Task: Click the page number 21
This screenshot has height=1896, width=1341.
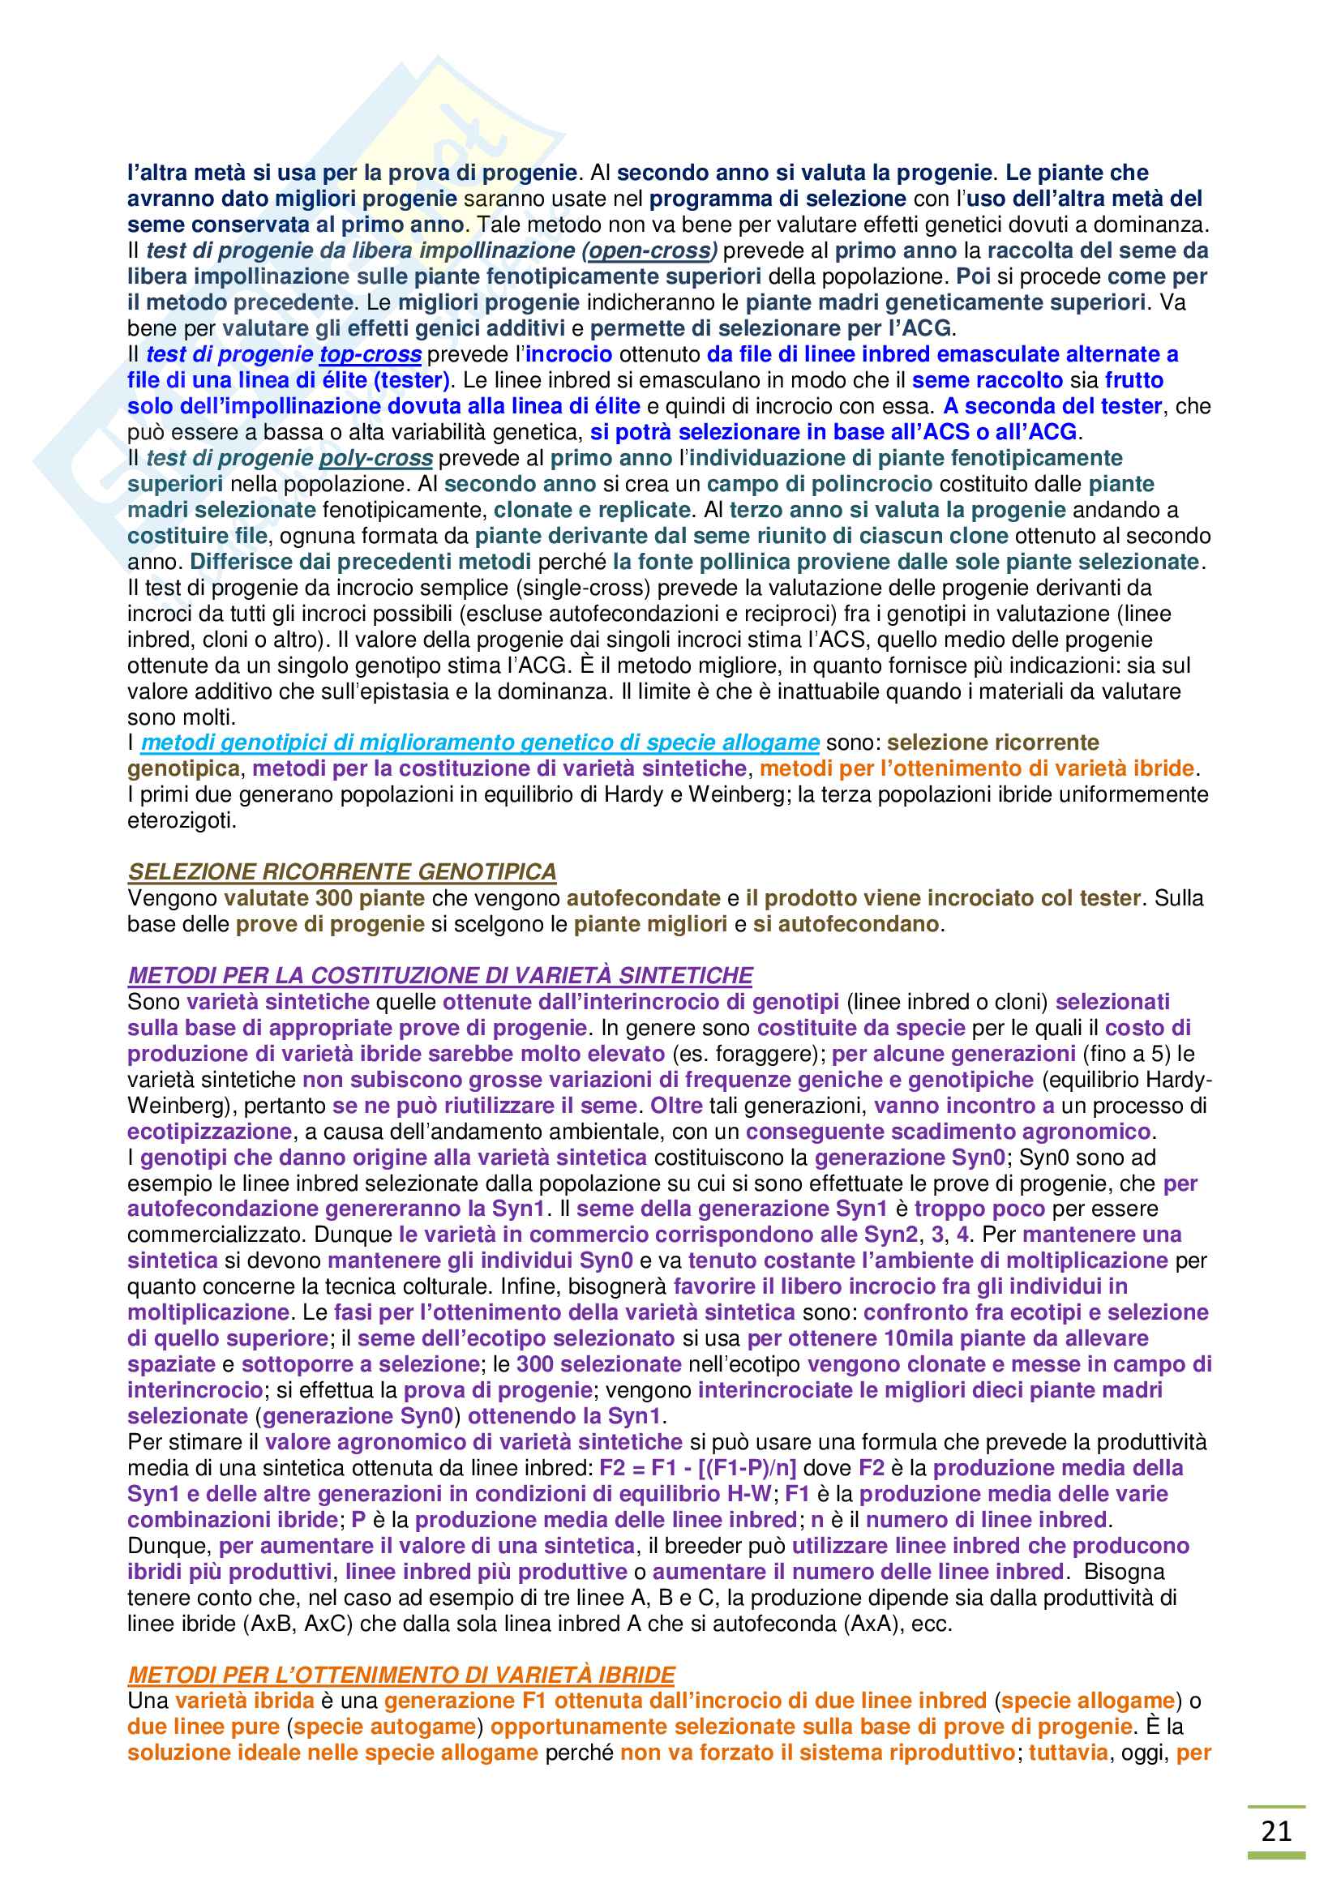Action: tap(1276, 1832)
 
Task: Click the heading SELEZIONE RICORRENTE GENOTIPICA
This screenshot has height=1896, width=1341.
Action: tap(342, 872)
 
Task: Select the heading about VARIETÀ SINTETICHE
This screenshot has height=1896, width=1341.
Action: tap(440, 976)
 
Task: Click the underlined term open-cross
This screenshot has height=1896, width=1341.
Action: tap(649, 250)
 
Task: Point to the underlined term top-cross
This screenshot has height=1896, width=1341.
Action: tap(371, 354)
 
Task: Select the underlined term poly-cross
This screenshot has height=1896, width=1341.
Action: tap(375, 458)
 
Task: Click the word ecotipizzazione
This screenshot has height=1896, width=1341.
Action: tap(210, 1132)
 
